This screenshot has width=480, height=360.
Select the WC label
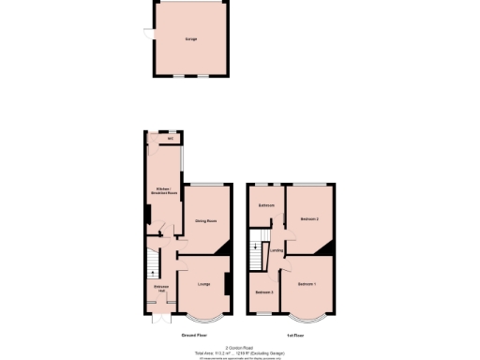pyautogui.click(x=171, y=140)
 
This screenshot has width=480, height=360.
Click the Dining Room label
pyautogui.click(x=206, y=220)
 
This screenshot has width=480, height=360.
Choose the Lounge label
pyautogui.click(x=203, y=282)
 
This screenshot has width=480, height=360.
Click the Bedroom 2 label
pyautogui.click(x=310, y=218)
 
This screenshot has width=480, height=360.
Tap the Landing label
pyautogui.click(x=276, y=250)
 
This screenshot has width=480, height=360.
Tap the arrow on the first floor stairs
pyautogui.click(x=257, y=247)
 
